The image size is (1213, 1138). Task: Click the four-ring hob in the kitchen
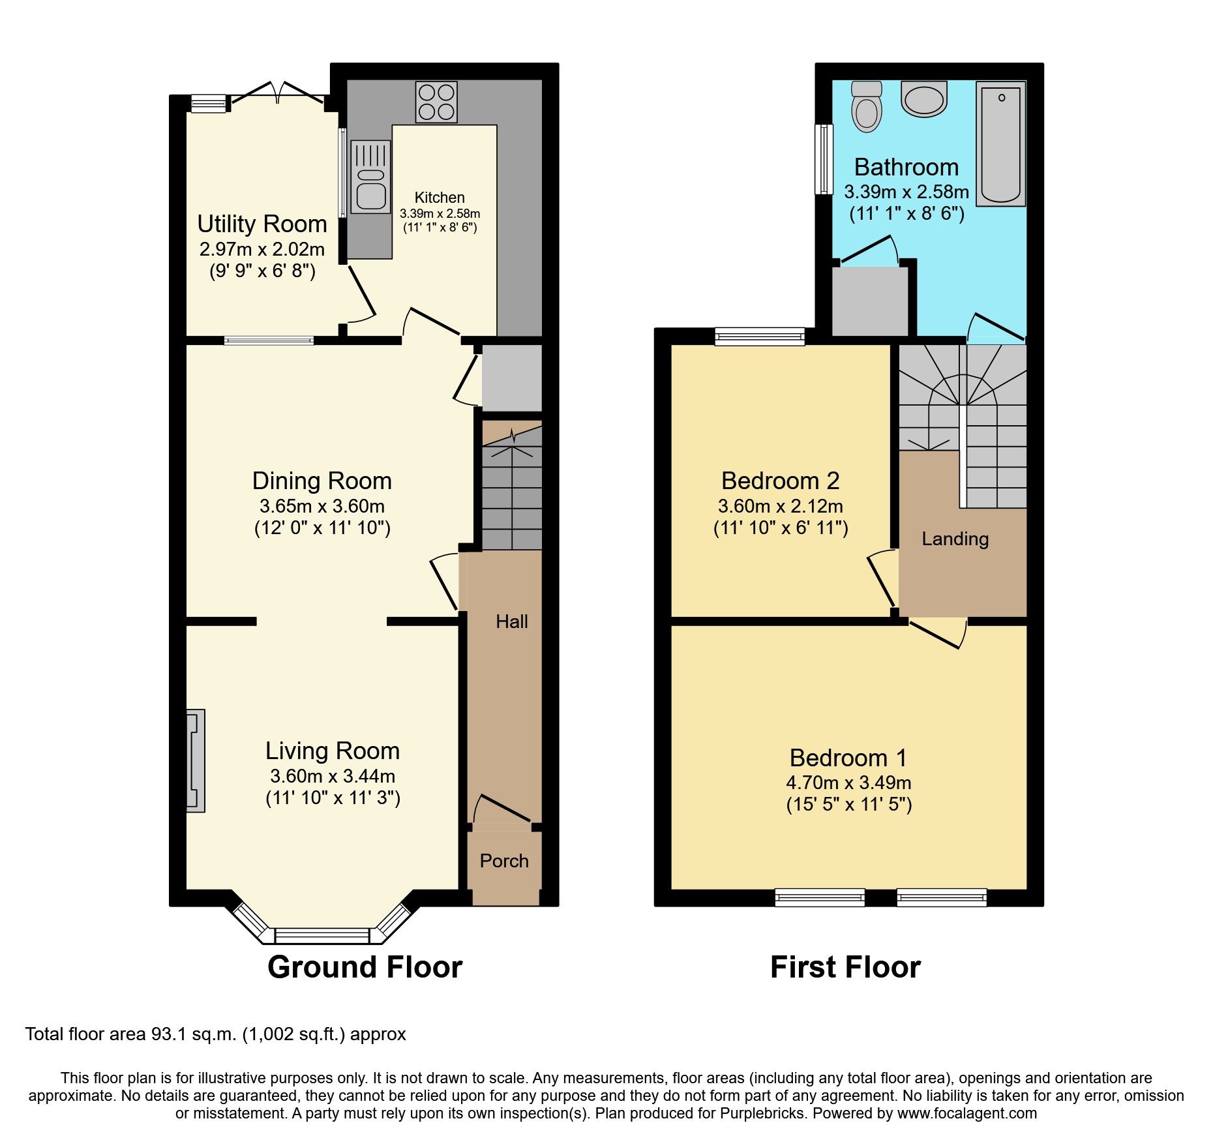point(436,102)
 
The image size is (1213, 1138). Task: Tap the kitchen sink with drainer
point(370,177)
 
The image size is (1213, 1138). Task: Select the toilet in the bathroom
point(866,107)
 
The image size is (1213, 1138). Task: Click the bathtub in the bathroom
point(1000,143)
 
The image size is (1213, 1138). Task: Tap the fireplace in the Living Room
point(196,760)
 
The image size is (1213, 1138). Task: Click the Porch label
point(503,861)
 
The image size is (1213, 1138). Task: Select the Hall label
point(511,621)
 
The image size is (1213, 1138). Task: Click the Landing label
point(955,539)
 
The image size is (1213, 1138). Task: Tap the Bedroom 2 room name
point(780,481)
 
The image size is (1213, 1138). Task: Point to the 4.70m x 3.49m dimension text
point(848,783)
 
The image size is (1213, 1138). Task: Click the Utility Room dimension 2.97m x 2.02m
point(262,249)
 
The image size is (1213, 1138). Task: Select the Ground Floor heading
point(365,966)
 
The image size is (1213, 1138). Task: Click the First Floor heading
point(845,966)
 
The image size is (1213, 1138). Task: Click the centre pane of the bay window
point(322,936)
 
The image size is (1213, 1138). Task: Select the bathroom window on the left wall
point(825,159)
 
